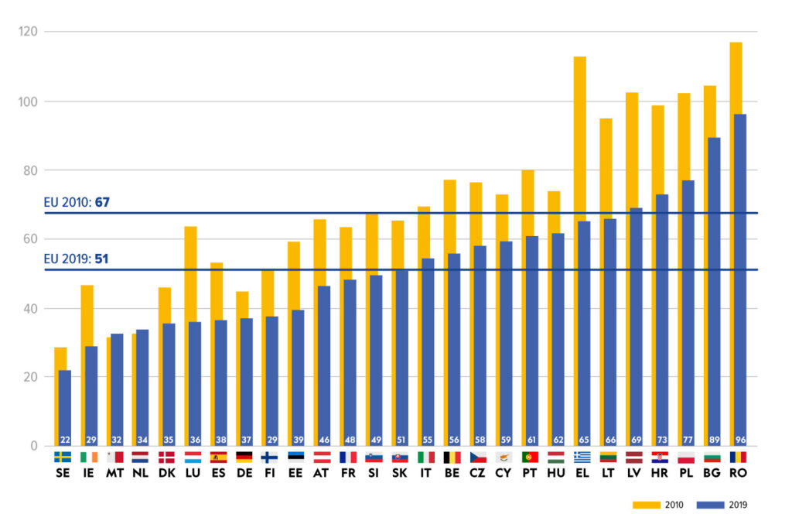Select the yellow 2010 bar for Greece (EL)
point(579,139)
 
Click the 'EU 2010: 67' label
point(77,202)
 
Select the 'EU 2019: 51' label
point(76,259)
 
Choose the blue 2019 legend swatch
point(709,505)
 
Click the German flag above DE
point(244,457)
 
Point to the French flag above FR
point(348,457)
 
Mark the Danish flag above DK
point(166,457)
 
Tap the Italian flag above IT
point(426,457)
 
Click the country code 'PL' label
point(685,472)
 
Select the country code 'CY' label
point(504,472)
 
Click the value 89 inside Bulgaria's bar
point(714,438)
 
